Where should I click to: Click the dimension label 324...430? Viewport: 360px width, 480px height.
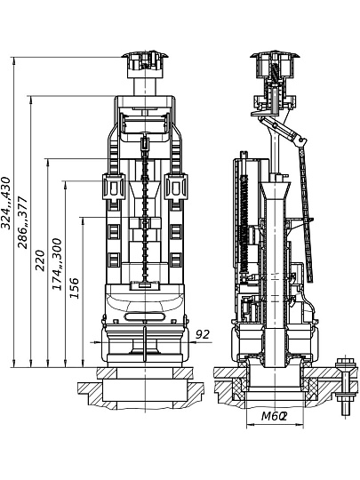coord(6,203)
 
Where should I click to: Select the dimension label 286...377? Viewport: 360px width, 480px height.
coord(22,222)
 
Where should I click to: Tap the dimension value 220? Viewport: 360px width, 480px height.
coord(40,260)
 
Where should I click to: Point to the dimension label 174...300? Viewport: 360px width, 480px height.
coord(57,264)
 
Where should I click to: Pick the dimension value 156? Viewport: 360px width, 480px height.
coord(74,288)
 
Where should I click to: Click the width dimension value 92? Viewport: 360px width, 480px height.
coord(203,334)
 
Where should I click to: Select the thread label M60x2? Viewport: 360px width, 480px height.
coord(274,416)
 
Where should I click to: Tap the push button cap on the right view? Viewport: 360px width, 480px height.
coord(275,64)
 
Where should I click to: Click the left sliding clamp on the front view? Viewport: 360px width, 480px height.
coord(113,187)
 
